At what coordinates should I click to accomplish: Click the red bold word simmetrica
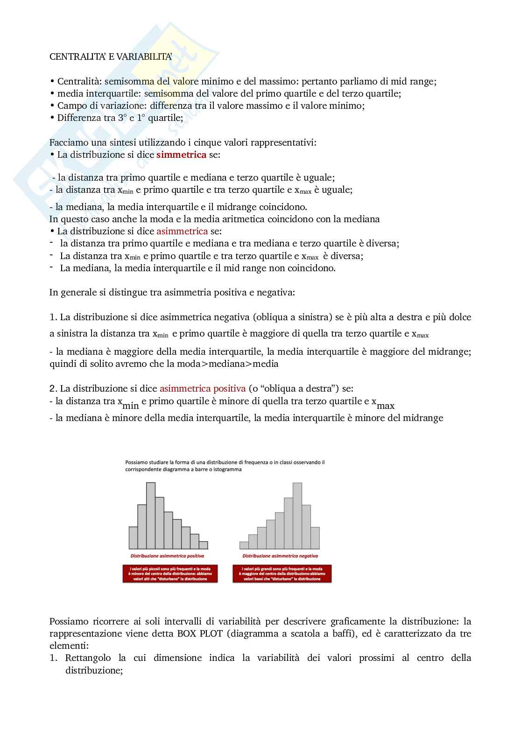coord(181,154)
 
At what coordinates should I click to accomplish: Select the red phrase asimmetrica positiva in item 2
coord(202,388)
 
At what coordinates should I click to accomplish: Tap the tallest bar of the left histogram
coord(150,515)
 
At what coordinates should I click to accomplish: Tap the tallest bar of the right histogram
coord(297,515)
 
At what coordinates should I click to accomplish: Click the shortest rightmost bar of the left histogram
coord(203,545)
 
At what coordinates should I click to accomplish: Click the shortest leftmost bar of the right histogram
coord(244,545)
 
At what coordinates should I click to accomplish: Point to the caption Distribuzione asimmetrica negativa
coord(280,556)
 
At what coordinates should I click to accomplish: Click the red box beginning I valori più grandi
coord(282,574)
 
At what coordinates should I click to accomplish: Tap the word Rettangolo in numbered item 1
coord(88,658)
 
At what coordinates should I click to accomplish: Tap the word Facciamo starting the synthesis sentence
coord(69,142)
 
